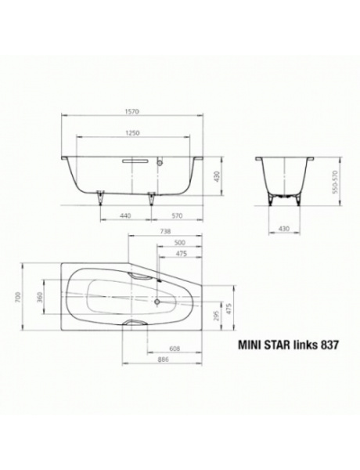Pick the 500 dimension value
tap(179, 243)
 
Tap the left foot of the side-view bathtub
tap(99, 196)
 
